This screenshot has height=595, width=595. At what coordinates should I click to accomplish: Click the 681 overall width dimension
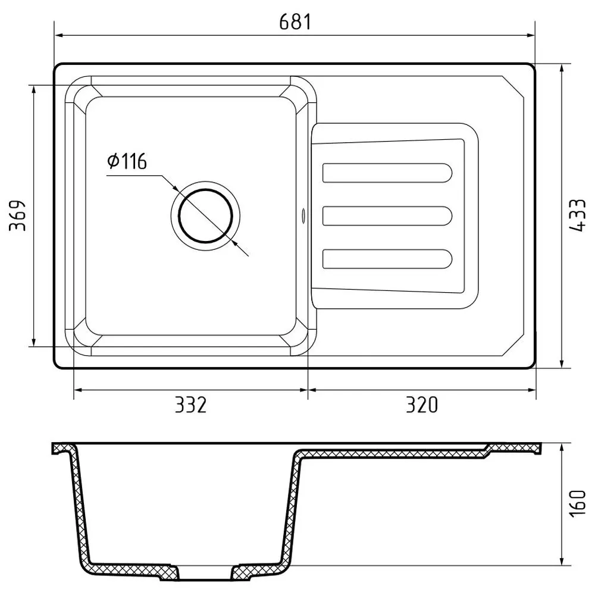[x=295, y=22]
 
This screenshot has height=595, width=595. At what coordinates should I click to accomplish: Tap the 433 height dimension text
[x=578, y=215]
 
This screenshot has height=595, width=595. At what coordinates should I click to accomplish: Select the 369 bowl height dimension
[x=18, y=215]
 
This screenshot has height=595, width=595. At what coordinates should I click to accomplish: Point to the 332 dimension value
[x=190, y=405]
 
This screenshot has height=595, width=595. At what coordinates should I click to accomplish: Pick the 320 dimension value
[x=422, y=405]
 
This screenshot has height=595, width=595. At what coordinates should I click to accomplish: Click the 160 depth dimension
[x=578, y=503]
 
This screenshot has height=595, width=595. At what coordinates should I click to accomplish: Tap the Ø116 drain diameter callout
[x=127, y=161]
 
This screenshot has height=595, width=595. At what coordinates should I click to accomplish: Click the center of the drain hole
[x=205, y=215]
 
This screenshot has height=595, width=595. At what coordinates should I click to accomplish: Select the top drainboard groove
[x=387, y=173]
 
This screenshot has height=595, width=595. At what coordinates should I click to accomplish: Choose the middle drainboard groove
[x=387, y=216]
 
